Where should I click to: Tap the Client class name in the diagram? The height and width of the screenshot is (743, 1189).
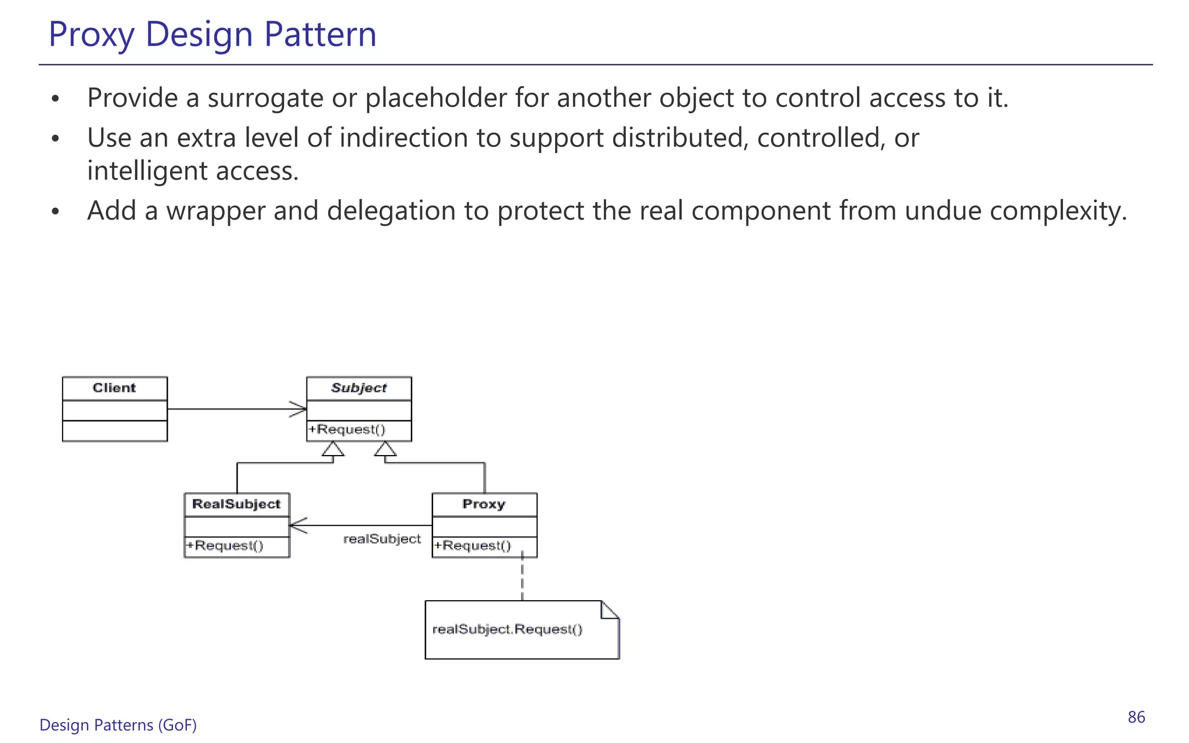(114, 388)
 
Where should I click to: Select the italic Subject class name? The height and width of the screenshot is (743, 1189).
(359, 388)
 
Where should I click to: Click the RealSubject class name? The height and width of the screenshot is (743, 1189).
(236, 504)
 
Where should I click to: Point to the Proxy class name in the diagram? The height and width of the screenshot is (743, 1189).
(484, 504)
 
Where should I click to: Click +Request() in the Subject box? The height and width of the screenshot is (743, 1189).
(347, 430)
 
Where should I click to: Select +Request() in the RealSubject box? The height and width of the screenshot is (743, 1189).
(225, 546)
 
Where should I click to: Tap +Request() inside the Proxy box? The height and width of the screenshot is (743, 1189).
(473, 546)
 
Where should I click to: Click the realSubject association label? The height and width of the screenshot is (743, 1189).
(382, 539)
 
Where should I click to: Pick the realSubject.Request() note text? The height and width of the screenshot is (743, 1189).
(507, 629)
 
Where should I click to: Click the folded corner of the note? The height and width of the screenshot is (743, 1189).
(610, 610)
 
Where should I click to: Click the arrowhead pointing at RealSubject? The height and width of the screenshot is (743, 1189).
(298, 526)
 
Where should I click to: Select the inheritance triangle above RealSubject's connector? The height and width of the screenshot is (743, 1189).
(333, 449)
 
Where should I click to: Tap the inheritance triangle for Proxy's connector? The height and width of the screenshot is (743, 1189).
(385, 449)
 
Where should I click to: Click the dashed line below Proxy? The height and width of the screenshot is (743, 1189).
(523, 578)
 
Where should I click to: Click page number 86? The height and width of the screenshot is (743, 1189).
(1136, 717)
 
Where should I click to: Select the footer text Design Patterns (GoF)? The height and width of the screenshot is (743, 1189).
(118, 725)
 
